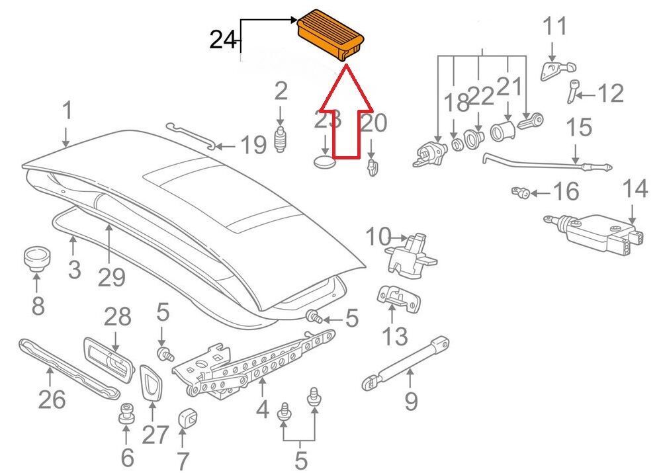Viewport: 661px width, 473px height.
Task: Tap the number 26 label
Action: coord(52,399)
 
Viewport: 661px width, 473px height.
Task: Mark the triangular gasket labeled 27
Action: coord(150,382)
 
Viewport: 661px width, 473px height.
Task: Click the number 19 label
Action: coord(253,146)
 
